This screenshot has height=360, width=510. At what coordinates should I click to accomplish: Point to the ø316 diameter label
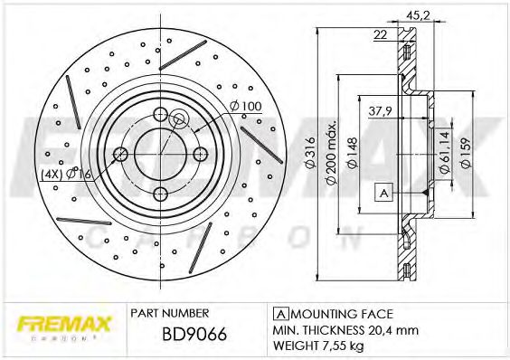[x=309, y=153]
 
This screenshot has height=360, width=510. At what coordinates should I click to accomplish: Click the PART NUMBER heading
[x=170, y=312]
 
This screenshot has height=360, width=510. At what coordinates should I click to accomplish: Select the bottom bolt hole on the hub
[x=159, y=192]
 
